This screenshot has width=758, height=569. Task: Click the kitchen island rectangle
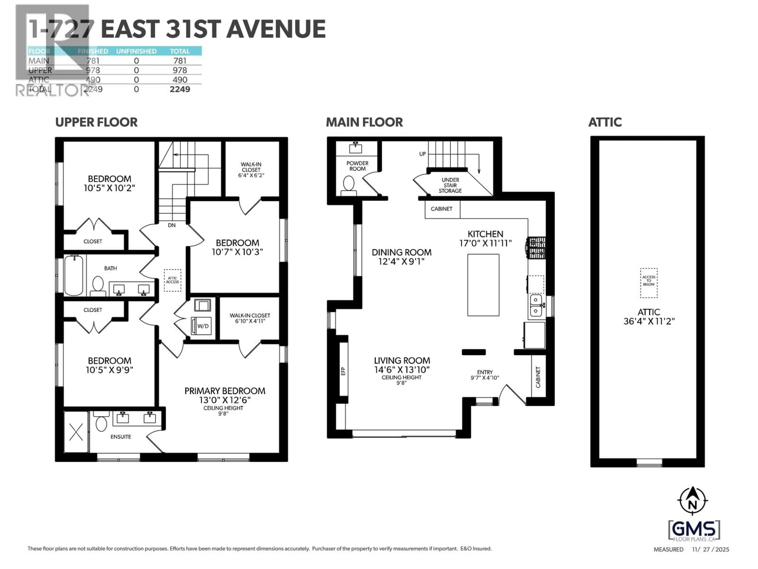[x=483, y=285]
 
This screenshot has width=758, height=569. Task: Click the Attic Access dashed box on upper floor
[x=172, y=280]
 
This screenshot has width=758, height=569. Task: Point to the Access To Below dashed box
[x=649, y=283]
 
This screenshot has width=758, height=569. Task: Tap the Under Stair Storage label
[x=450, y=185]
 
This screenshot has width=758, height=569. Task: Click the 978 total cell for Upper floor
[x=180, y=70]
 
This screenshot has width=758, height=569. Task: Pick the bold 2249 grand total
[x=180, y=89]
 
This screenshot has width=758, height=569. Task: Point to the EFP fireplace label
[x=343, y=371]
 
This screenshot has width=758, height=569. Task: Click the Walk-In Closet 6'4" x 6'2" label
[x=251, y=170]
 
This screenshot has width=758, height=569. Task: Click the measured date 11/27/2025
[x=710, y=549]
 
